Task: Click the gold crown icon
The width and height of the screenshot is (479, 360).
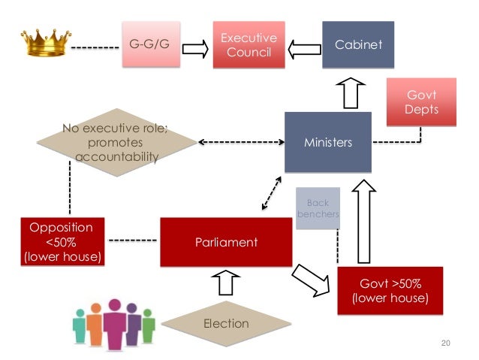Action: pos(44,43)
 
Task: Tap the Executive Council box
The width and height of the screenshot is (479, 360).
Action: pos(247,44)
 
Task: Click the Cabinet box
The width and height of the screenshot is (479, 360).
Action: pos(358,44)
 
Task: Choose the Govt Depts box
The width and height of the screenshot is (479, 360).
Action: pos(421,102)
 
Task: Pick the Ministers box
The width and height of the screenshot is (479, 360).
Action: pos(327,142)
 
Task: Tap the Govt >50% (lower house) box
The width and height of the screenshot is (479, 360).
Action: pos(390,290)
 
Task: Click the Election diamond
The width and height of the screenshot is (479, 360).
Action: pos(226,323)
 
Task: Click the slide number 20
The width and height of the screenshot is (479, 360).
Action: pos(445,343)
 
